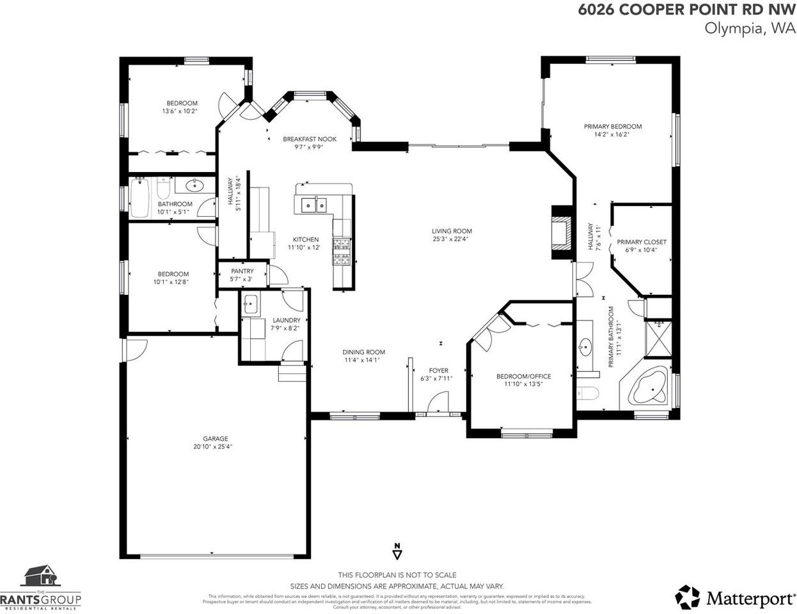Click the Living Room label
[452, 231]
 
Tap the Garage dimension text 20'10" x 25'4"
[213, 447]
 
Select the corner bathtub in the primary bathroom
[649, 387]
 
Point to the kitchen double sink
[313, 205]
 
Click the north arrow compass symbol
[397, 550]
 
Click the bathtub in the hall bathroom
[139, 198]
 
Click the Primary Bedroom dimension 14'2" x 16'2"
[612, 135]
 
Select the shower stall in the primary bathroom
[658, 338]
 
